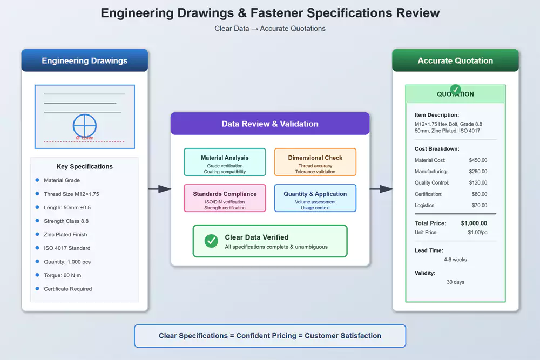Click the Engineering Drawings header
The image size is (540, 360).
(x=85, y=60)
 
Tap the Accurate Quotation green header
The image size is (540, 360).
(x=455, y=60)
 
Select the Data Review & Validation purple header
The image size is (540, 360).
(x=270, y=124)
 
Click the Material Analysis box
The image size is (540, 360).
(x=225, y=162)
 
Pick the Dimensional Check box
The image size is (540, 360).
(x=315, y=162)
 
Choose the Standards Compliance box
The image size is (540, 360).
(x=225, y=198)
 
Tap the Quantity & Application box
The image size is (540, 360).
(x=315, y=198)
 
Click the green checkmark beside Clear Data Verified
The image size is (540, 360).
(x=212, y=241)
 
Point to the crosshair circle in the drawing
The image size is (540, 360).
(x=85, y=125)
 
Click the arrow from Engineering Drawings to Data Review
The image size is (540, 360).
(x=159, y=189)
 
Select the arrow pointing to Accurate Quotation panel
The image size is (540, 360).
(x=381, y=189)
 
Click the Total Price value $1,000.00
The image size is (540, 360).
(x=474, y=223)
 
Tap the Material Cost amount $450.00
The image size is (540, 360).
(x=478, y=160)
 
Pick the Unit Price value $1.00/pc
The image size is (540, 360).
(x=477, y=232)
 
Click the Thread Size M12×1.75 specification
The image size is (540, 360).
(x=71, y=194)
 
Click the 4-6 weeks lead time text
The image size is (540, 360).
(x=455, y=260)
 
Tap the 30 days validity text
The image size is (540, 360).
(x=455, y=282)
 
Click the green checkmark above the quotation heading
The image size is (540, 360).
(x=455, y=89)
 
